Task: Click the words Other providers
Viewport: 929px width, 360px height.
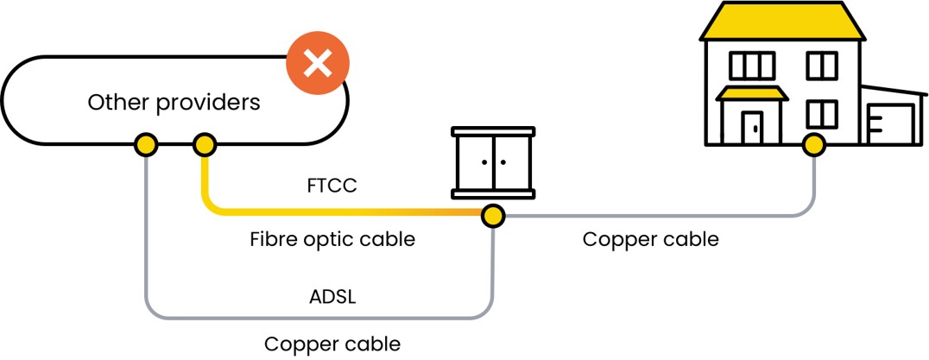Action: [x=174, y=103]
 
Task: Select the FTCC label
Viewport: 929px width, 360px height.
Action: [x=332, y=186]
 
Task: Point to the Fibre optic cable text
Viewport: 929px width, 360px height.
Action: [x=332, y=239]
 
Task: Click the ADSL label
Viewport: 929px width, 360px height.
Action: [x=332, y=298]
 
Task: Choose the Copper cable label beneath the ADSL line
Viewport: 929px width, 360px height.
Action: [x=332, y=344]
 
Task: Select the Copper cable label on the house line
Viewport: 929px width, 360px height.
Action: [x=650, y=239]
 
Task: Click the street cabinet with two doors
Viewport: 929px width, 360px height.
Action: [x=494, y=163]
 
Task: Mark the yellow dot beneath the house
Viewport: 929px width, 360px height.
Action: [x=812, y=144]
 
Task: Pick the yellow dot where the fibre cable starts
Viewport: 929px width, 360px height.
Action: [x=204, y=144]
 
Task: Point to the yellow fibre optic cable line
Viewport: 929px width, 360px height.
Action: [x=345, y=212]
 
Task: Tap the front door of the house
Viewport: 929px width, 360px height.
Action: [x=753, y=127]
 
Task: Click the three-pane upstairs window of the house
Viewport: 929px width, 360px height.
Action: [x=752, y=65]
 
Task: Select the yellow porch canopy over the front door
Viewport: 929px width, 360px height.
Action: [x=752, y=93]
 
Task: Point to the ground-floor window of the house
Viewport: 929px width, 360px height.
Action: [x=821, y=114]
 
